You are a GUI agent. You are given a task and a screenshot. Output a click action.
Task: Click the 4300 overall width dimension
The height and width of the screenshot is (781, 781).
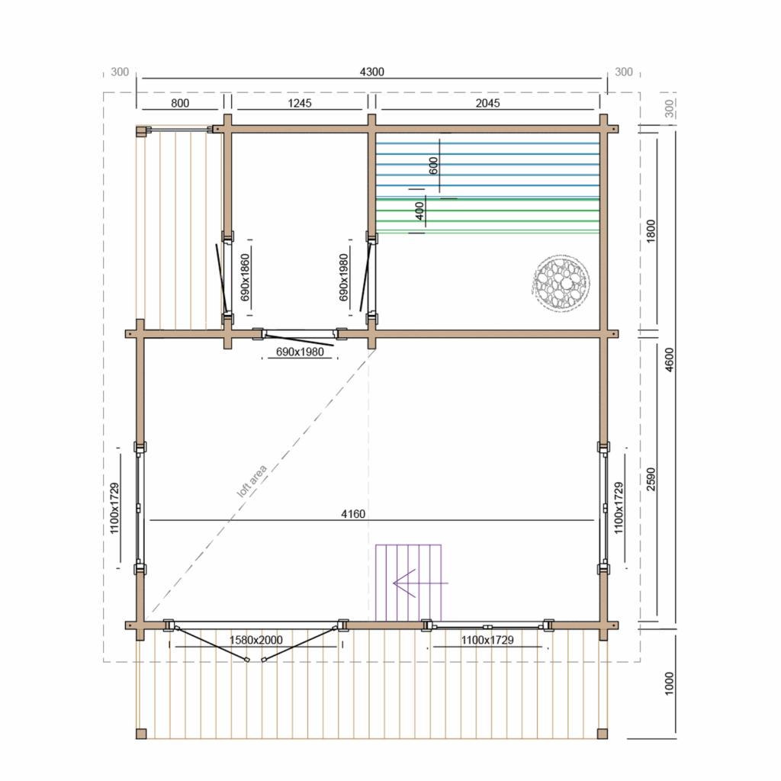[x=371, y=72]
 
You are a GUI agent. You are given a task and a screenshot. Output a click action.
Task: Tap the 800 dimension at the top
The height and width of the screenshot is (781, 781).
[x=180, y=103]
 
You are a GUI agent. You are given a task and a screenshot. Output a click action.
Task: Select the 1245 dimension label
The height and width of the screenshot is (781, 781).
[x=299, y=103]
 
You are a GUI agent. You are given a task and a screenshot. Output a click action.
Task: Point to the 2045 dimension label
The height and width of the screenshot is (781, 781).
[x=487, y=103]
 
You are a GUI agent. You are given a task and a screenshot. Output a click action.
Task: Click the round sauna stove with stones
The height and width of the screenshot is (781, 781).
[x=561, y=282]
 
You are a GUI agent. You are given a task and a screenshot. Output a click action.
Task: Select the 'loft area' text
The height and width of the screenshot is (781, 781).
[x=252, y=480]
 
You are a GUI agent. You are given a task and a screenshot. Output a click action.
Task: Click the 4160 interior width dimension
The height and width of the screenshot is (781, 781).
[x=353, y=513]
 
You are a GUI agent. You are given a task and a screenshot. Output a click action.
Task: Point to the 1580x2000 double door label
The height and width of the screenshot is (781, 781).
[x=256, y=640]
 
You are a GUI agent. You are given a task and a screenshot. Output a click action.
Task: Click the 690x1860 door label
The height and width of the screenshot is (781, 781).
[x=245, y=278]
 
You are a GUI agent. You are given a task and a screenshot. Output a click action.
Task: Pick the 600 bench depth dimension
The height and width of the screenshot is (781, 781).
[x=433, y=166]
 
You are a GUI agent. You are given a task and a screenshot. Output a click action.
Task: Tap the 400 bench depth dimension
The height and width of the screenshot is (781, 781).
[x=420, y=211]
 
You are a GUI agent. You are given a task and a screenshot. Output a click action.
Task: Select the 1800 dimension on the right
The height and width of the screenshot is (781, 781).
[x=651, y=231]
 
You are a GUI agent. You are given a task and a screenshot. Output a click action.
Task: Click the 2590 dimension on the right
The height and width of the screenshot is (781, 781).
[x=651, y=479]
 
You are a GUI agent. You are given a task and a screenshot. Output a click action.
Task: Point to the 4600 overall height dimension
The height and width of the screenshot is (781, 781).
[x=670, y=359]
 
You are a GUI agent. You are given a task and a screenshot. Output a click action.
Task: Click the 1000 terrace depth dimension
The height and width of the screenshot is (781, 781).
[x=670, y=683]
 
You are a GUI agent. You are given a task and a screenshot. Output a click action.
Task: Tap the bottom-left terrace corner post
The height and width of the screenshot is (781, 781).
[x=141, y=734]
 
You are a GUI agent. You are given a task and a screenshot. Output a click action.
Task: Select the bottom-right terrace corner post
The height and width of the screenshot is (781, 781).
[x=603, y=734]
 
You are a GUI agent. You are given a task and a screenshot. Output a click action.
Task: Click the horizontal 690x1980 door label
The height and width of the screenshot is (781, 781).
[x=300, y=352]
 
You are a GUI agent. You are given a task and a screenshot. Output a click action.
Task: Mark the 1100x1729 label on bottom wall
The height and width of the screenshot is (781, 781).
[x=487, y=640]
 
